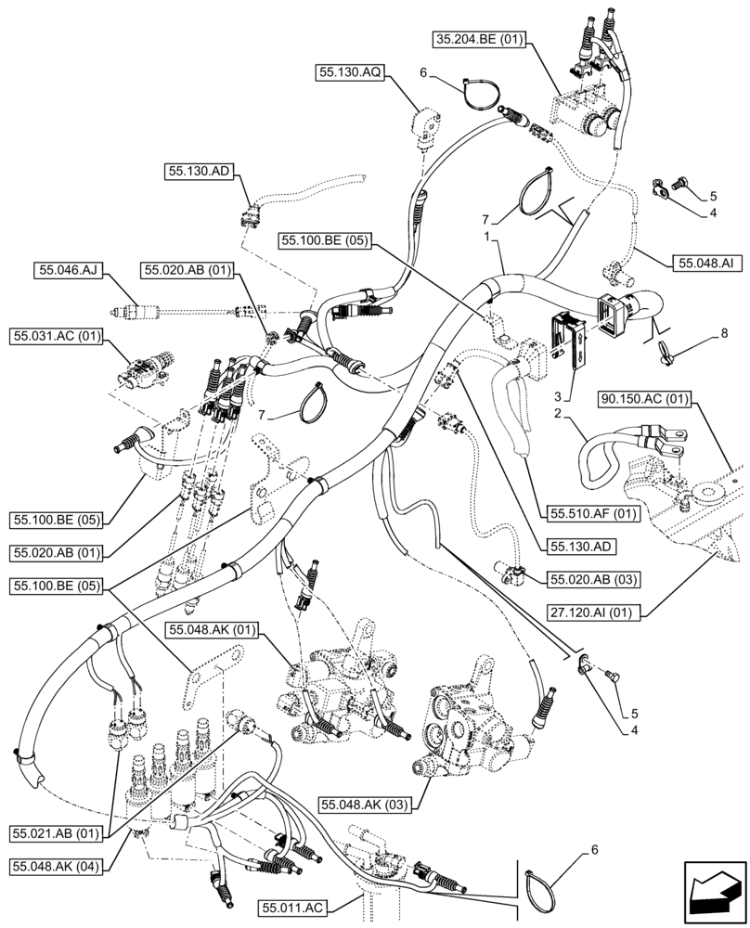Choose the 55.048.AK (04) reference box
pyautogui.click(x=58, y=865)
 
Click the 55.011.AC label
pyautogui.click(x=294, y=907)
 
